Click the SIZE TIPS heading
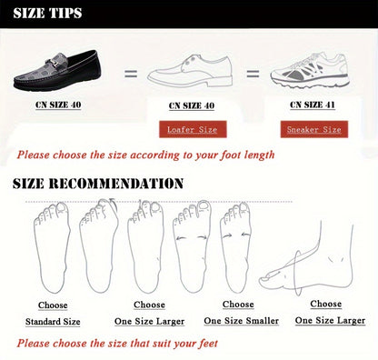pos(47,13)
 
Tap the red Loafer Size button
pos(193,129)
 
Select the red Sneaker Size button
pos(314,129)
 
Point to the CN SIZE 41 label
pos(313,105)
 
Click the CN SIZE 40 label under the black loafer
pos(58,105)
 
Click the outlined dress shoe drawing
pos(190,71)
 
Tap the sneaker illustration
pos(310,71)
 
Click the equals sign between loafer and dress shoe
pos(131,74)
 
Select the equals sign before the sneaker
pos(253,74)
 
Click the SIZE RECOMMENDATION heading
pos(98,184)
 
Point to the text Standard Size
pos(53,322)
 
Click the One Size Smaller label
pos(241,321)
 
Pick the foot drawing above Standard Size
pos(52,247)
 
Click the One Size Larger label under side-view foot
pos(330,320)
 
